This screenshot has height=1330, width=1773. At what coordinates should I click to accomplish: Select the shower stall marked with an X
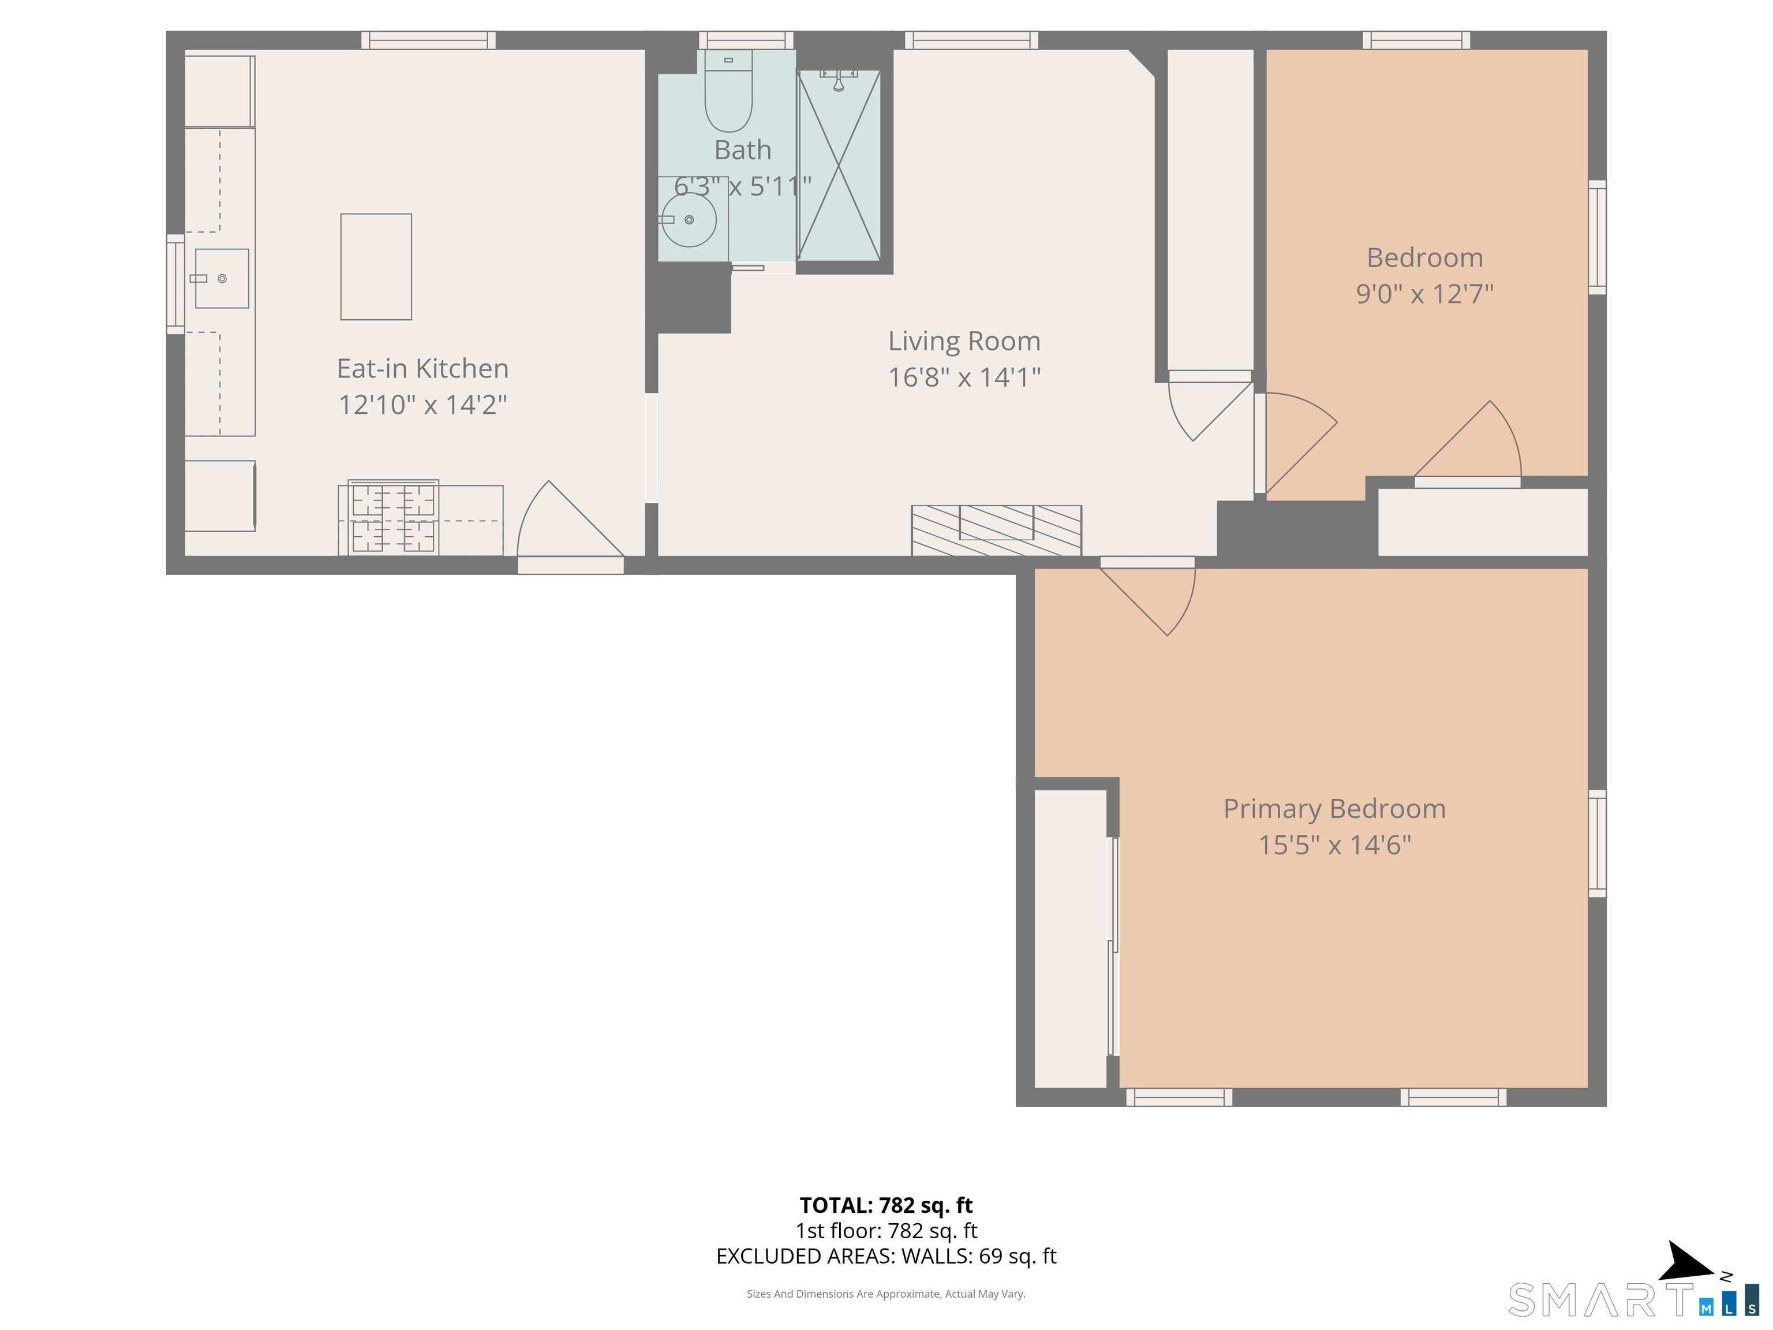tap(839, 166)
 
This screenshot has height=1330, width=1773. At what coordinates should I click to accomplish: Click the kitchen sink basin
tap(222, 279)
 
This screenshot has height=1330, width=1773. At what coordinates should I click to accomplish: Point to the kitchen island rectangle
tap(376, 267)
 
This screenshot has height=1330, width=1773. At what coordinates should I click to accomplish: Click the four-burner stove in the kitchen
tap(393, 518)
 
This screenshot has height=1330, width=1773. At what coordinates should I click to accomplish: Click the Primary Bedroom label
tap(1334, 808)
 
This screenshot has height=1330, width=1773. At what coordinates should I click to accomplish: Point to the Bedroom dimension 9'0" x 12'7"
tap(1424, 294)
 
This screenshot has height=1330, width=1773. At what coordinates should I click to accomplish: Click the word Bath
tap(742, 150)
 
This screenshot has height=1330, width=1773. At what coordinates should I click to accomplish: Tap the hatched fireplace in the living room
tap(996, 530)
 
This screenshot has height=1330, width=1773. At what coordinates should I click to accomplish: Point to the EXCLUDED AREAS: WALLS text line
tap(886, 1256)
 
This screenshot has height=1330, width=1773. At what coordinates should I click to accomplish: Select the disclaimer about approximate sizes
tap(886, 1294)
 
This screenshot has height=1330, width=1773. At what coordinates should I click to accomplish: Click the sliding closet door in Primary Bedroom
tap(1113, 946)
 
